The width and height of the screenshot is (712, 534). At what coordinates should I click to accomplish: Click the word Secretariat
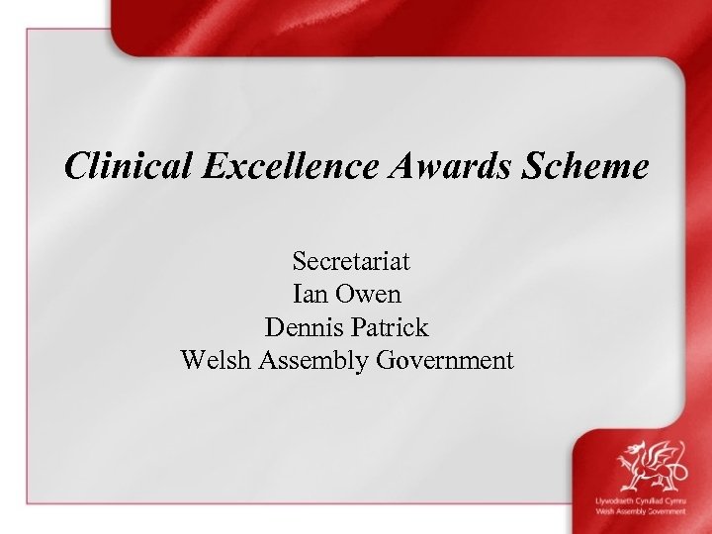click(x=350, y=262)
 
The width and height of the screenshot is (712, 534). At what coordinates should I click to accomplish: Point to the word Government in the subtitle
click(x=445, y=359)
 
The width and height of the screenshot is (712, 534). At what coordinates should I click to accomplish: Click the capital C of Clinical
click(x=75, y=165)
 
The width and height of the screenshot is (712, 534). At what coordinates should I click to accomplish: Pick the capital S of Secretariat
click(x=299, y=262)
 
